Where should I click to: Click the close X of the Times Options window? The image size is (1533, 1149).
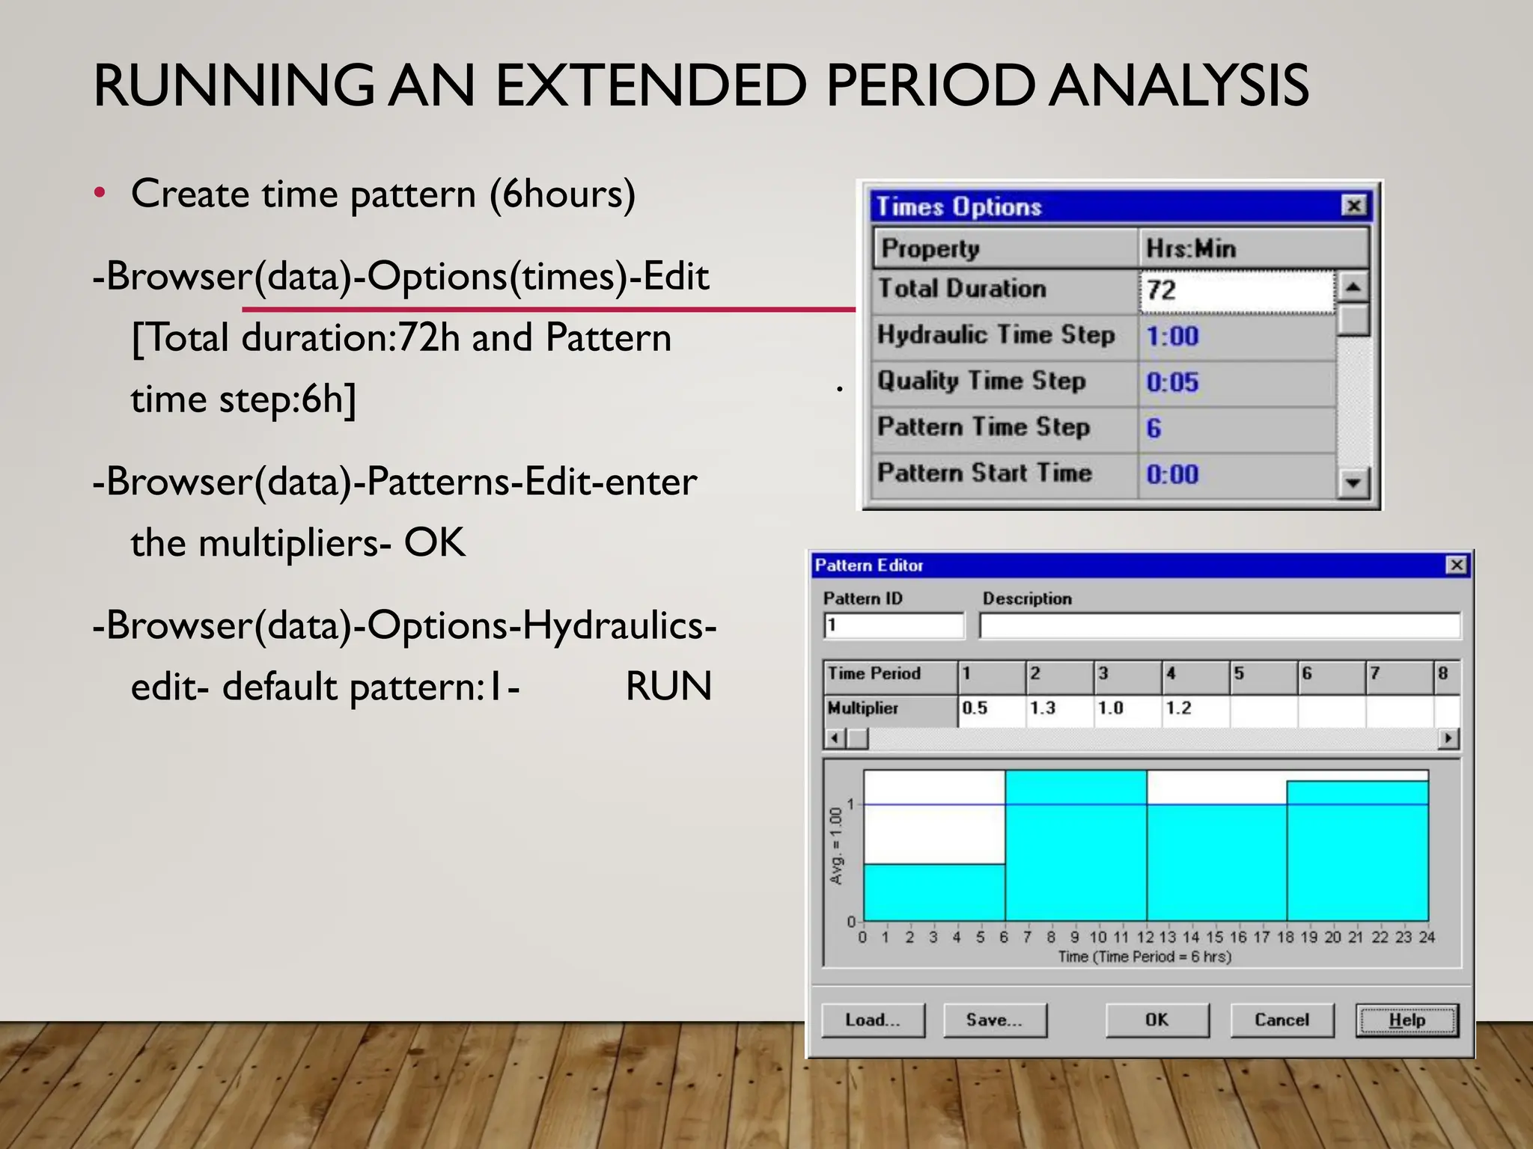pyautogui.click(x=1353, y=206)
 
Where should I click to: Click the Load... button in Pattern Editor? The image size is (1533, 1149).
pyautogui.click(x=873, y=1020)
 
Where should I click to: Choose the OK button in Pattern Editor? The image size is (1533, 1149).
pyautogui.click(x=1156, y=1020)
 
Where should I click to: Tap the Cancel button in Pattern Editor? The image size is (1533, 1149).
pyautogui.click(x=1281, y=1020)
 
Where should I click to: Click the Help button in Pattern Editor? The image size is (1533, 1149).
pyautogui.click(x=1406, y=1020)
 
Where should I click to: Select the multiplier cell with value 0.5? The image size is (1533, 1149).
pyautogui.click(x=991, y=708)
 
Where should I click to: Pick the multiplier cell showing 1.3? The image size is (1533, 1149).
pyautogui.click(x=1058, y=708)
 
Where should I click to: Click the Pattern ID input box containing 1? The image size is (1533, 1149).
pyautogui.click(x=894, y=625)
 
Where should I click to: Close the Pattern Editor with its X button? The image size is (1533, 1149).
pyautogui.click(x=1457, y=565)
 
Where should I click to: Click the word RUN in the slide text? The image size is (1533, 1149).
pyautogui.click(x=668, y=686)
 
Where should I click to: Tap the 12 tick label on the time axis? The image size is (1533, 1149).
pyautogui.click(x=1145, y=937)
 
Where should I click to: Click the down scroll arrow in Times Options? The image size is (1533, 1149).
pyautogui.click(x=1353, y=483)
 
